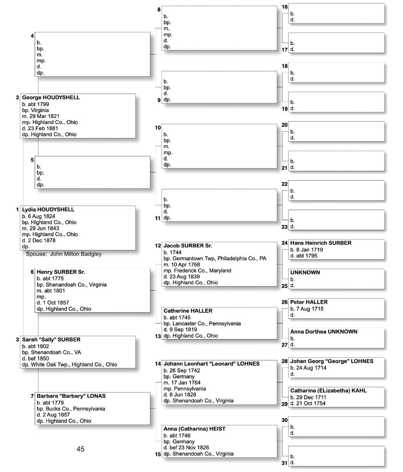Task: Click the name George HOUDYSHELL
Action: click(51, 97)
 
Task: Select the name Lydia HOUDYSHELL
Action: click(48, 210)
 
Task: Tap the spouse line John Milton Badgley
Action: click(64, 254)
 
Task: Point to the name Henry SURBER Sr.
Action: click(61, 272)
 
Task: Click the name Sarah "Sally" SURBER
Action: click(51, 340)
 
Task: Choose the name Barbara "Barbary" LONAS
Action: click(71, 396)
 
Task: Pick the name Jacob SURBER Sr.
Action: click(188, 246)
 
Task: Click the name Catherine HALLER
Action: click(188, 311)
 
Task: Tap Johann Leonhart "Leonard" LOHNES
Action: click(211, 364)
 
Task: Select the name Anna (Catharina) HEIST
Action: click(194, 429)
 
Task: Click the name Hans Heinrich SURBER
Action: click(321, 243)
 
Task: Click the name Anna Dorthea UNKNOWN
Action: click(324, 332)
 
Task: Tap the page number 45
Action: click(80, 449)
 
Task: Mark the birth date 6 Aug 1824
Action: click(41, 216)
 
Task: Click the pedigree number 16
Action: click(285, 7)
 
